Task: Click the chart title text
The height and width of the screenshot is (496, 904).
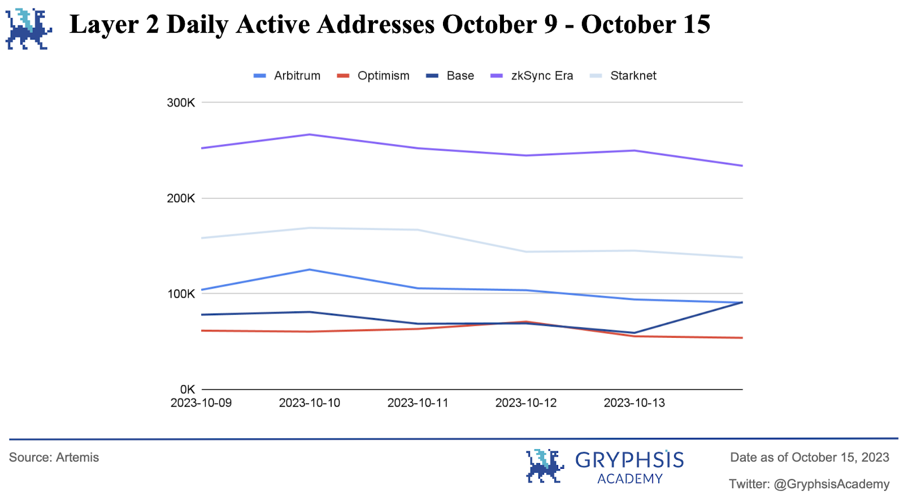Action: pos(390,24)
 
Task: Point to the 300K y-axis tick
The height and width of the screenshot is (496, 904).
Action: pos(181,103)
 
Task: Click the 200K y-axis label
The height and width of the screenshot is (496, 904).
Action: pos(181,198)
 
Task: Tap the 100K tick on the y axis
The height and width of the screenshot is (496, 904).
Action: pos(181,294)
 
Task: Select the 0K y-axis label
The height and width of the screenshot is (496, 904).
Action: pos(187,389)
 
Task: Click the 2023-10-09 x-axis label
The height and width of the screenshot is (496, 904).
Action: pos(201,403)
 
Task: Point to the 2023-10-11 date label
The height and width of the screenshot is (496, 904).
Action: pos(418,403)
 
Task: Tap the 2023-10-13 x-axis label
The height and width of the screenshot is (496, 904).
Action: pos(634,403)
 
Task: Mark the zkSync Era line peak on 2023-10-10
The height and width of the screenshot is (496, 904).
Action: pos(310,134)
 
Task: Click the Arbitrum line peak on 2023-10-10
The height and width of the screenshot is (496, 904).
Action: pos(310,269)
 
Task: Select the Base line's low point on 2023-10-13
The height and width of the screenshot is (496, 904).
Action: pos(634,333)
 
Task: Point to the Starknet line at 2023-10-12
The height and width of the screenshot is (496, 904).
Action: pos(526,252)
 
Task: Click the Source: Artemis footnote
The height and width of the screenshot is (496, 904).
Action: pos(54,458)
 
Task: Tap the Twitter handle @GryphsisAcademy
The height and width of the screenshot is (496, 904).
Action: pos(831,484)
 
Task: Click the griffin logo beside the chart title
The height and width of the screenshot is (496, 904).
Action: pos(28,28)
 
